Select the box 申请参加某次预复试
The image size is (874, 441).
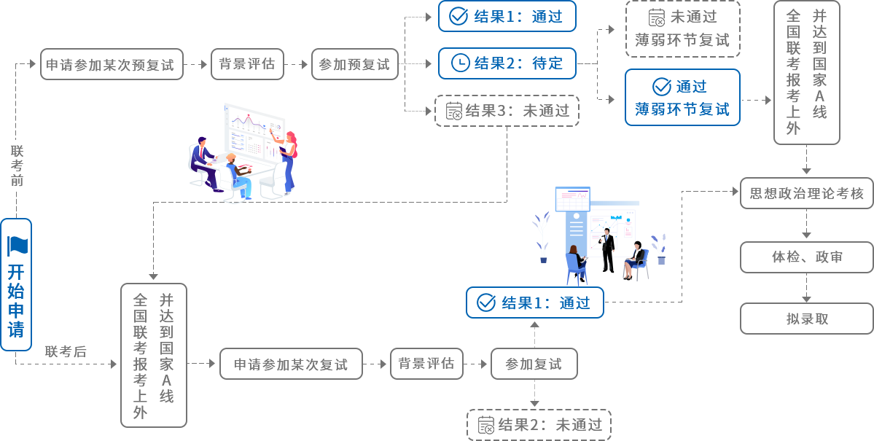(112, 65)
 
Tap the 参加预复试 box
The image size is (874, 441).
(354, 65)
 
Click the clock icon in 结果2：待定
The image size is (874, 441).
(459, 63)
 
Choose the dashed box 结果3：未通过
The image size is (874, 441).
(507, 110)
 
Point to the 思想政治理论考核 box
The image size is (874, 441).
(806, 193)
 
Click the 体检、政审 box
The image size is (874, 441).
(806, 257)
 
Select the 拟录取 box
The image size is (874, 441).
(806, 319)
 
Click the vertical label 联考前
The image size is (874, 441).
(17, 165)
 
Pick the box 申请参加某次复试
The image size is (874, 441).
(291, 364)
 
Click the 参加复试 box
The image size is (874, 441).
(534, 364)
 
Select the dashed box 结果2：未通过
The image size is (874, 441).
(539, 425)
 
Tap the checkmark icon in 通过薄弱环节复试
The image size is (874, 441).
(662, 87)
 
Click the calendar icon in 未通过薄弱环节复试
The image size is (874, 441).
(658, 17)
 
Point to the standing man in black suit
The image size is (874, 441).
(607, 250)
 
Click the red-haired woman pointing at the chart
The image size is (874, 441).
(287, 162)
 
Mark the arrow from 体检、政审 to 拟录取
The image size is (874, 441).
(806, 288)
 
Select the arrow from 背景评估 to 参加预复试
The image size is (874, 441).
(297, 65)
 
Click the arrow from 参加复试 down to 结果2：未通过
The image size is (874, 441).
(534, 394)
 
